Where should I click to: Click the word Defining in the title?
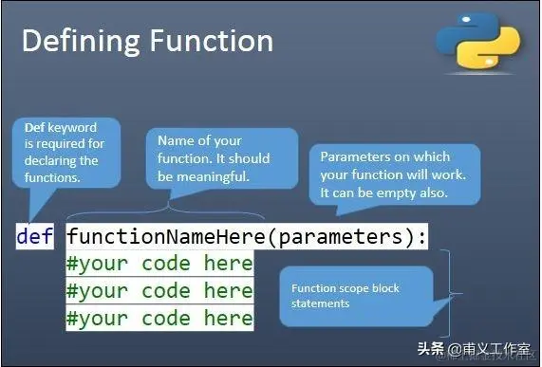[79, 41]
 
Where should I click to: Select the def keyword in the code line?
[35, 236]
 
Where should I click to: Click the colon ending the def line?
[422, 236]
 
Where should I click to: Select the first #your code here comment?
[159, 263]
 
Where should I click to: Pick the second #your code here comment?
[159, 290]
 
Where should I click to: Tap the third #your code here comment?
[159, 317]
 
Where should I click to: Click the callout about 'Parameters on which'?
[389, 174]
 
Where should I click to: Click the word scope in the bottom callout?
[354, 288]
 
